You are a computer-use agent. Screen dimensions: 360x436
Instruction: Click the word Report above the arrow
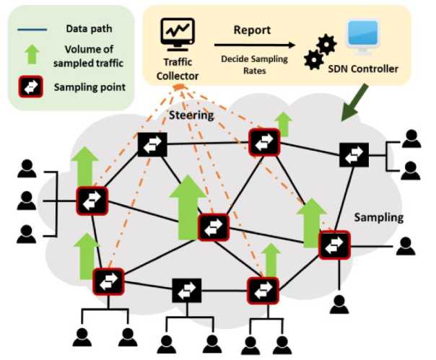pyautogui.click(x=253, y=30)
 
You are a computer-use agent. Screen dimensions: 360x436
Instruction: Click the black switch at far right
pyautogui.click(x=354, y=154)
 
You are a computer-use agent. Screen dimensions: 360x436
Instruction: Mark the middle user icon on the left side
pyautogui.click(x=27, y=200)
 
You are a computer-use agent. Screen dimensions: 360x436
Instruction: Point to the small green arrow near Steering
pyautogui.click(x=284, y=124)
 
